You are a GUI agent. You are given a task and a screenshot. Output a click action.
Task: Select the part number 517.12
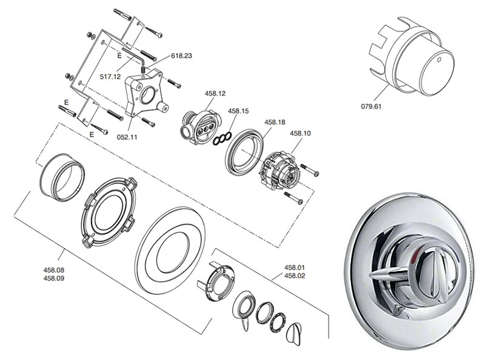(111, 77)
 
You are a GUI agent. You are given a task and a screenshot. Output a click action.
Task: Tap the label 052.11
(127, 137)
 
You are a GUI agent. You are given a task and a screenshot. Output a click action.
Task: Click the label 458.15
(238, 111)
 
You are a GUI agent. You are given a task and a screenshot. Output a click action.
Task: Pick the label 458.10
(301, 133)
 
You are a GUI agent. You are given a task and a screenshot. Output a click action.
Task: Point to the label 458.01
(295, 267)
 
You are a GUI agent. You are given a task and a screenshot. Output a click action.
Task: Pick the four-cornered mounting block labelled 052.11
(144, 94)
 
